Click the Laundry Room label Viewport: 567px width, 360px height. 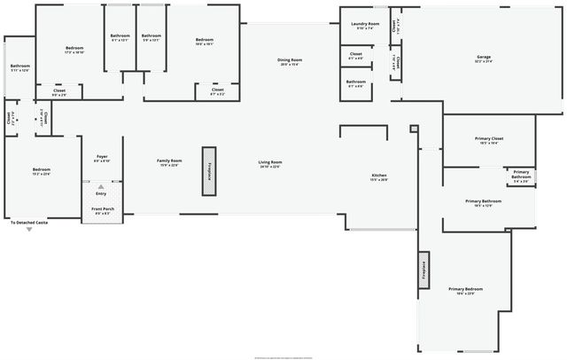point(365,25)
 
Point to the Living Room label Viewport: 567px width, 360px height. point(270,163)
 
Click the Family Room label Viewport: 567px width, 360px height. point(169,163)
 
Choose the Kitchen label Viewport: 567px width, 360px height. point(378,177)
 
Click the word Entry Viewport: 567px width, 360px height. point(101,193)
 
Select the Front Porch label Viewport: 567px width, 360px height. point(103,211)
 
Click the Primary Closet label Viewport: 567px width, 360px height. point(488,140)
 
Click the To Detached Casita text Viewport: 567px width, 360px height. point(28,222)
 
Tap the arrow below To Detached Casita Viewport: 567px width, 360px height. point(28,229)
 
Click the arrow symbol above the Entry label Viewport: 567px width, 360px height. point(101,187)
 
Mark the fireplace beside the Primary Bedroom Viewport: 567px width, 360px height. point(423,270)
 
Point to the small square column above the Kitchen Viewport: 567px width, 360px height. point(413,129)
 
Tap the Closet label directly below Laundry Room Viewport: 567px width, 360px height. point(355,56)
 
